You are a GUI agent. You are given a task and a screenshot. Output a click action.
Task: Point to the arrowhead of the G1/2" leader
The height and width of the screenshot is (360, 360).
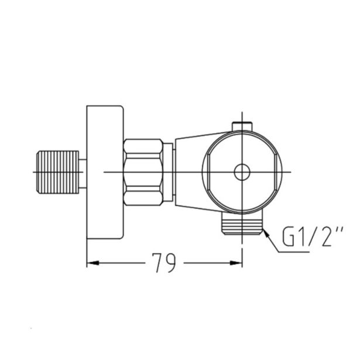[x=266, y=232]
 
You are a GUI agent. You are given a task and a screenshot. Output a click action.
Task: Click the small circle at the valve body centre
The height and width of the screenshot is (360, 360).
[x=241, y=172]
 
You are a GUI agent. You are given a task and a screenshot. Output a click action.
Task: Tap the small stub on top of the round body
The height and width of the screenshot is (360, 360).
[x=241, y=125]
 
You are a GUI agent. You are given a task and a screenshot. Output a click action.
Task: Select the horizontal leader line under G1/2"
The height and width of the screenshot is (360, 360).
[x=310, y=252]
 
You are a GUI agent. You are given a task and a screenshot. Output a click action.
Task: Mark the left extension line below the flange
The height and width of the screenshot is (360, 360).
[x=87, y=252]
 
